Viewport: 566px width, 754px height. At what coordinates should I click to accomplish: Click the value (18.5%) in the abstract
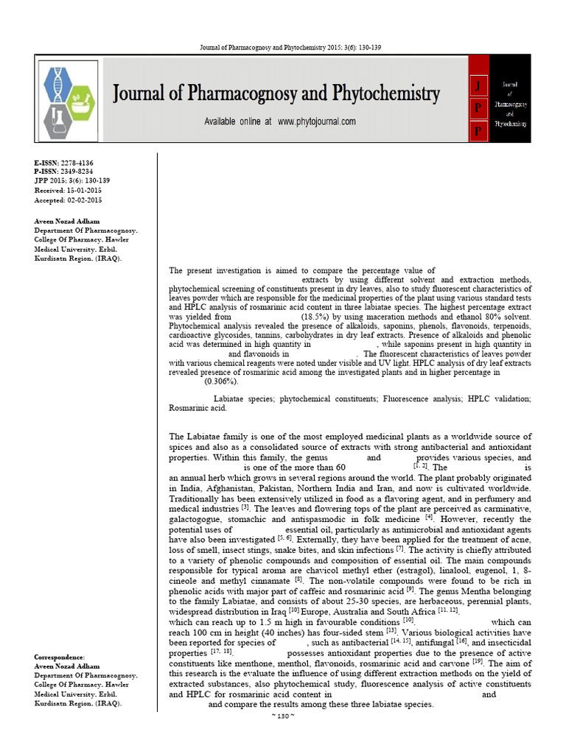315,315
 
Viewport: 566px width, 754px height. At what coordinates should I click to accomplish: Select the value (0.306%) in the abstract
220,381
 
